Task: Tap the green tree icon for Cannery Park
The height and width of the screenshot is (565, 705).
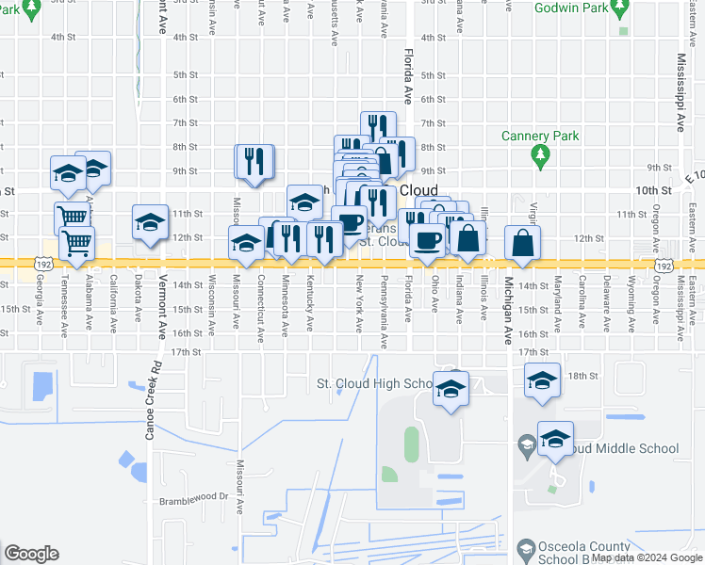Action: pos(540,155)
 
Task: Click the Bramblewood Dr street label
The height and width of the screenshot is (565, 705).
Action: pos(195,497)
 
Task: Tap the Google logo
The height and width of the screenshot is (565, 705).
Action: pos(31,554)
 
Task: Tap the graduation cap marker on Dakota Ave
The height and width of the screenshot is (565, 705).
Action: pos(150,223)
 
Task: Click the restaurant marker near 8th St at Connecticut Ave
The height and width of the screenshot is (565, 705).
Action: pos(254,162)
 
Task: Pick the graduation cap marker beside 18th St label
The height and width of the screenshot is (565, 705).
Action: pos(542,381)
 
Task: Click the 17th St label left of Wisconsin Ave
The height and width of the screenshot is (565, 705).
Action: pos(186,352)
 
